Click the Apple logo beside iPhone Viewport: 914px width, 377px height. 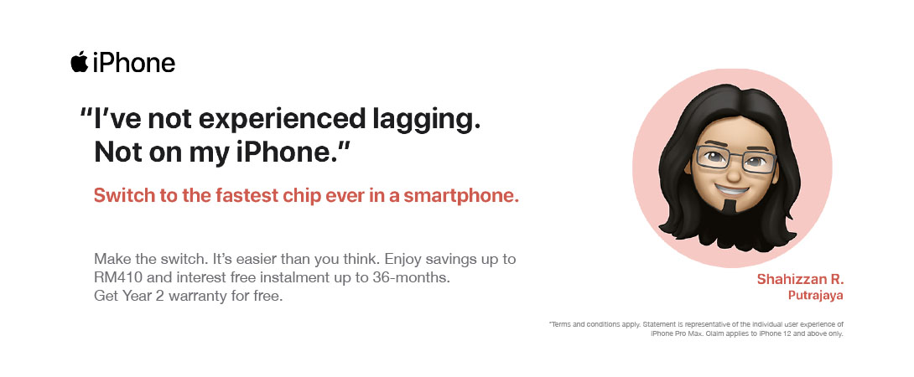coord(80,62)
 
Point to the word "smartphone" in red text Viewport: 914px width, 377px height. coord(461,196)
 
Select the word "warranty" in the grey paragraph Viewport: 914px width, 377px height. coord(185,297)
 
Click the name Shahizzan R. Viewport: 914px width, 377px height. coord(800,279)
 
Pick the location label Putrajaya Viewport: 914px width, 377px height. coord(816,296)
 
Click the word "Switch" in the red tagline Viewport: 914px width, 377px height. coord(122,196)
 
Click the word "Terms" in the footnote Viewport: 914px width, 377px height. coord(559,324)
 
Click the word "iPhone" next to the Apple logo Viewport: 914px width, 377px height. coord(134,62)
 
